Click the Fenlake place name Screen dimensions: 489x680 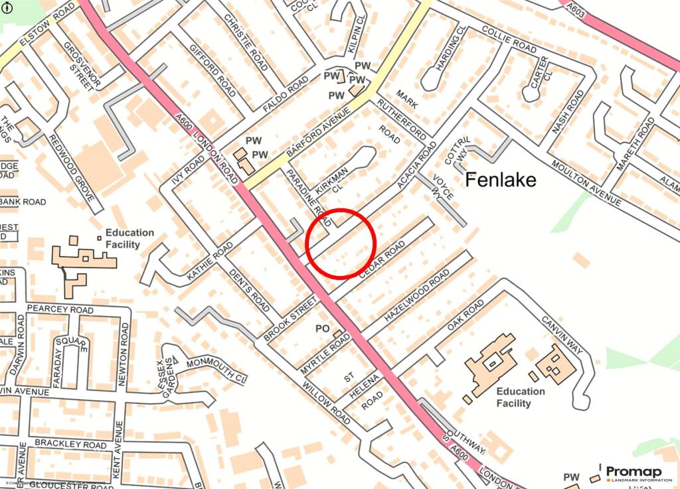(500, 180)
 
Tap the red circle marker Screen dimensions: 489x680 (339, 243)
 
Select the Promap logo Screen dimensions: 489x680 (634, 474)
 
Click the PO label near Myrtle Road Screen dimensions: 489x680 (323, 328)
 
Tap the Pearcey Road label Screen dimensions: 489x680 (60, 310)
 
